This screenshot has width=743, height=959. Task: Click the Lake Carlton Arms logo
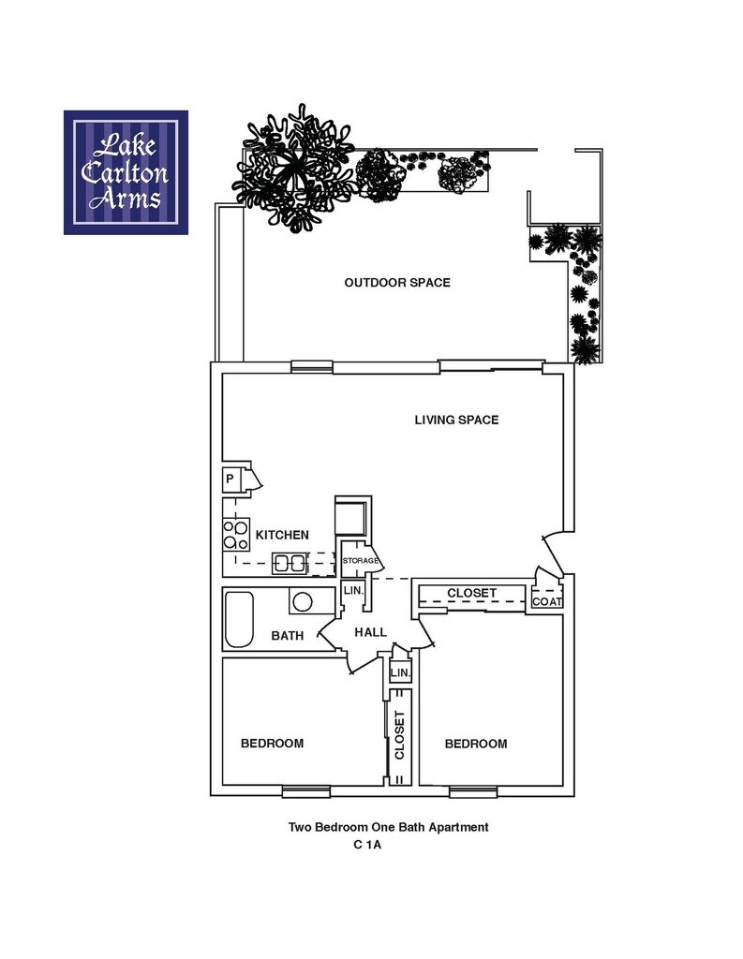(x=126, y=172)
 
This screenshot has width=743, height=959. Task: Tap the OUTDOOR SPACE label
(x=396, y=283)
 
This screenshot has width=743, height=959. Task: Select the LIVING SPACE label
(x=456, y=420)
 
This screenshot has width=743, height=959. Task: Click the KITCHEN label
(x=282, y=535)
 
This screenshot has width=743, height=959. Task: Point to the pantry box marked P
(x=230, y=479)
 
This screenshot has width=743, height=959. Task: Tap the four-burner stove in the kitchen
(x=235, y=535)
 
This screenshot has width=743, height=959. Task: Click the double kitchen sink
(x=289, y=563)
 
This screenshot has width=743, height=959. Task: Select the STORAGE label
(x=360, y=561)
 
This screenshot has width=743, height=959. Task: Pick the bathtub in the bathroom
(x=239, y=619)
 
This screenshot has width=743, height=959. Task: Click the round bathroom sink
(x=303, y=601)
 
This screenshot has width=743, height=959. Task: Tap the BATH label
(x=288, y=636)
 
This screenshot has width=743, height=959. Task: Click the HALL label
(x=370, y=633)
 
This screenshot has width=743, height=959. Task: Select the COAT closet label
(x=547, y=601)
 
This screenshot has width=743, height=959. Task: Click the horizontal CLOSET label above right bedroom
(x=471, y=594)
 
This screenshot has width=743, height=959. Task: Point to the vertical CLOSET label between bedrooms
(x=399, y=735)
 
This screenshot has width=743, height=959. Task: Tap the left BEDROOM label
(x=272, y=744)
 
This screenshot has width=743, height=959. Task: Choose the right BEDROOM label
(x=475, y=744)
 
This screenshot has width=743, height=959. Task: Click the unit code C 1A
(x=370, y=844)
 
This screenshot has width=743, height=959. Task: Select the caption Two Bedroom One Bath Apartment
(x=388, y=827)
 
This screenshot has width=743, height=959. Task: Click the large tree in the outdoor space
(x=293, y=169)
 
